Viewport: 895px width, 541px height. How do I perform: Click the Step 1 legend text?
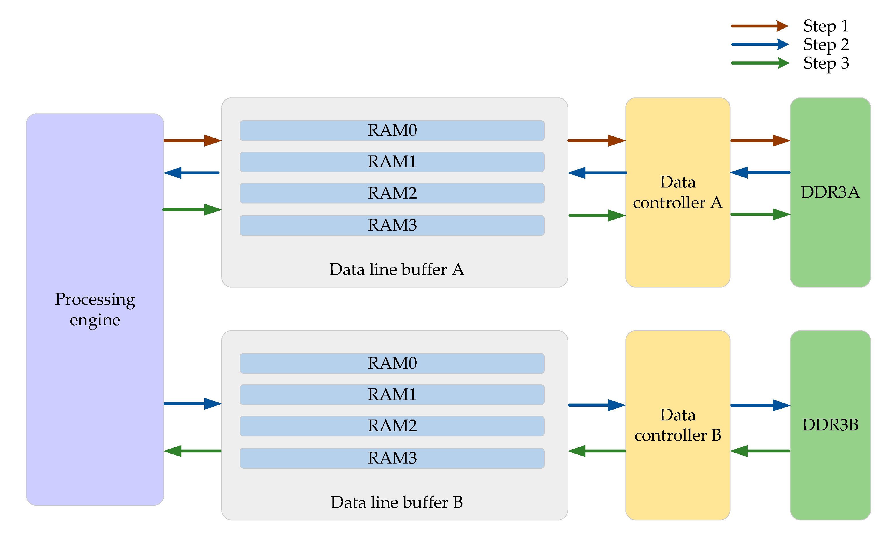826,26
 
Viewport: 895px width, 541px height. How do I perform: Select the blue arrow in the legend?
759,44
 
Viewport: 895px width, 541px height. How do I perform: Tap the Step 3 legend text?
826,63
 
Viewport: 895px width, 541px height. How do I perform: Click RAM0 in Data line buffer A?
392,130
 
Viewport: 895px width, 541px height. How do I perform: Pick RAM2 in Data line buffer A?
392,193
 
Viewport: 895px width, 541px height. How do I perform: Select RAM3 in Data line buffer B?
392,458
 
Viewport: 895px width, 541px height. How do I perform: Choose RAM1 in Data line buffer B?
392,394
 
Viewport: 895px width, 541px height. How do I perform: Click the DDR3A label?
830,192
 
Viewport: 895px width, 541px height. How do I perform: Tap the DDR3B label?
830,424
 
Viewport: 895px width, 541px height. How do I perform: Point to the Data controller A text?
678,192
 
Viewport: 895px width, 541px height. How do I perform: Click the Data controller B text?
678,425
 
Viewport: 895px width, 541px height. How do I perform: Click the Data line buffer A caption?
396,269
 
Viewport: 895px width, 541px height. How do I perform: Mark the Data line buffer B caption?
396,502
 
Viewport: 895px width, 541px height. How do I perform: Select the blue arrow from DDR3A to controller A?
760,172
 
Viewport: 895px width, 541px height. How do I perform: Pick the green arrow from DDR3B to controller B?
760,451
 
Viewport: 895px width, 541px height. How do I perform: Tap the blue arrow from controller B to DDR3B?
760,405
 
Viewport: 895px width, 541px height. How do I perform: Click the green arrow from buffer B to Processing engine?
193,451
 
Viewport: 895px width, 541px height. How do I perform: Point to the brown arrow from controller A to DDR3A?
760,140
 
